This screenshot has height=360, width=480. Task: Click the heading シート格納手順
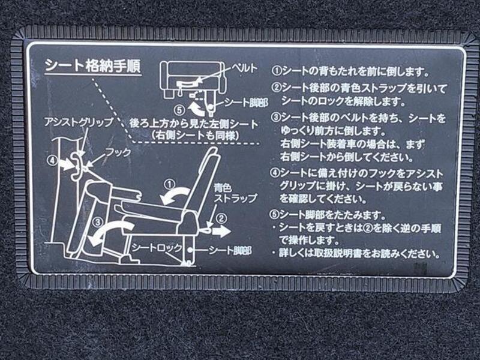(92, 65)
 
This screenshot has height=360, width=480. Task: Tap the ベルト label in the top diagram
(244, 68)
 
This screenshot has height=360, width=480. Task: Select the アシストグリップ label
(79, 123)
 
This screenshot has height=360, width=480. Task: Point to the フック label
(118, 152)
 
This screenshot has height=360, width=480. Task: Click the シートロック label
(157, 248)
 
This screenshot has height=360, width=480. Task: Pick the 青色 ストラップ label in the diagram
(235, 193)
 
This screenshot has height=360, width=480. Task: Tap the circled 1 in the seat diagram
(169, 184)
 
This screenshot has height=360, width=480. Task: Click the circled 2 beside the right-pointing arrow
(221, 218)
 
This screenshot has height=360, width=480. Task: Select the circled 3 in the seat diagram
(98, 221)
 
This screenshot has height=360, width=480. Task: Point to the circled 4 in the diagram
(52, 160)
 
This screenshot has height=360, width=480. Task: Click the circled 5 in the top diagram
(180, 110)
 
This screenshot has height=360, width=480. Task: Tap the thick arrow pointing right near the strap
(222, 232)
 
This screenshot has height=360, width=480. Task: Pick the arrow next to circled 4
(67, 164)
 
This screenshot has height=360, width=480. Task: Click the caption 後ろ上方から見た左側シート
(194, 125)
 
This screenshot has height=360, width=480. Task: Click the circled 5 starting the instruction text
(274, 215)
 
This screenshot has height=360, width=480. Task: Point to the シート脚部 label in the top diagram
(247, 103)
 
